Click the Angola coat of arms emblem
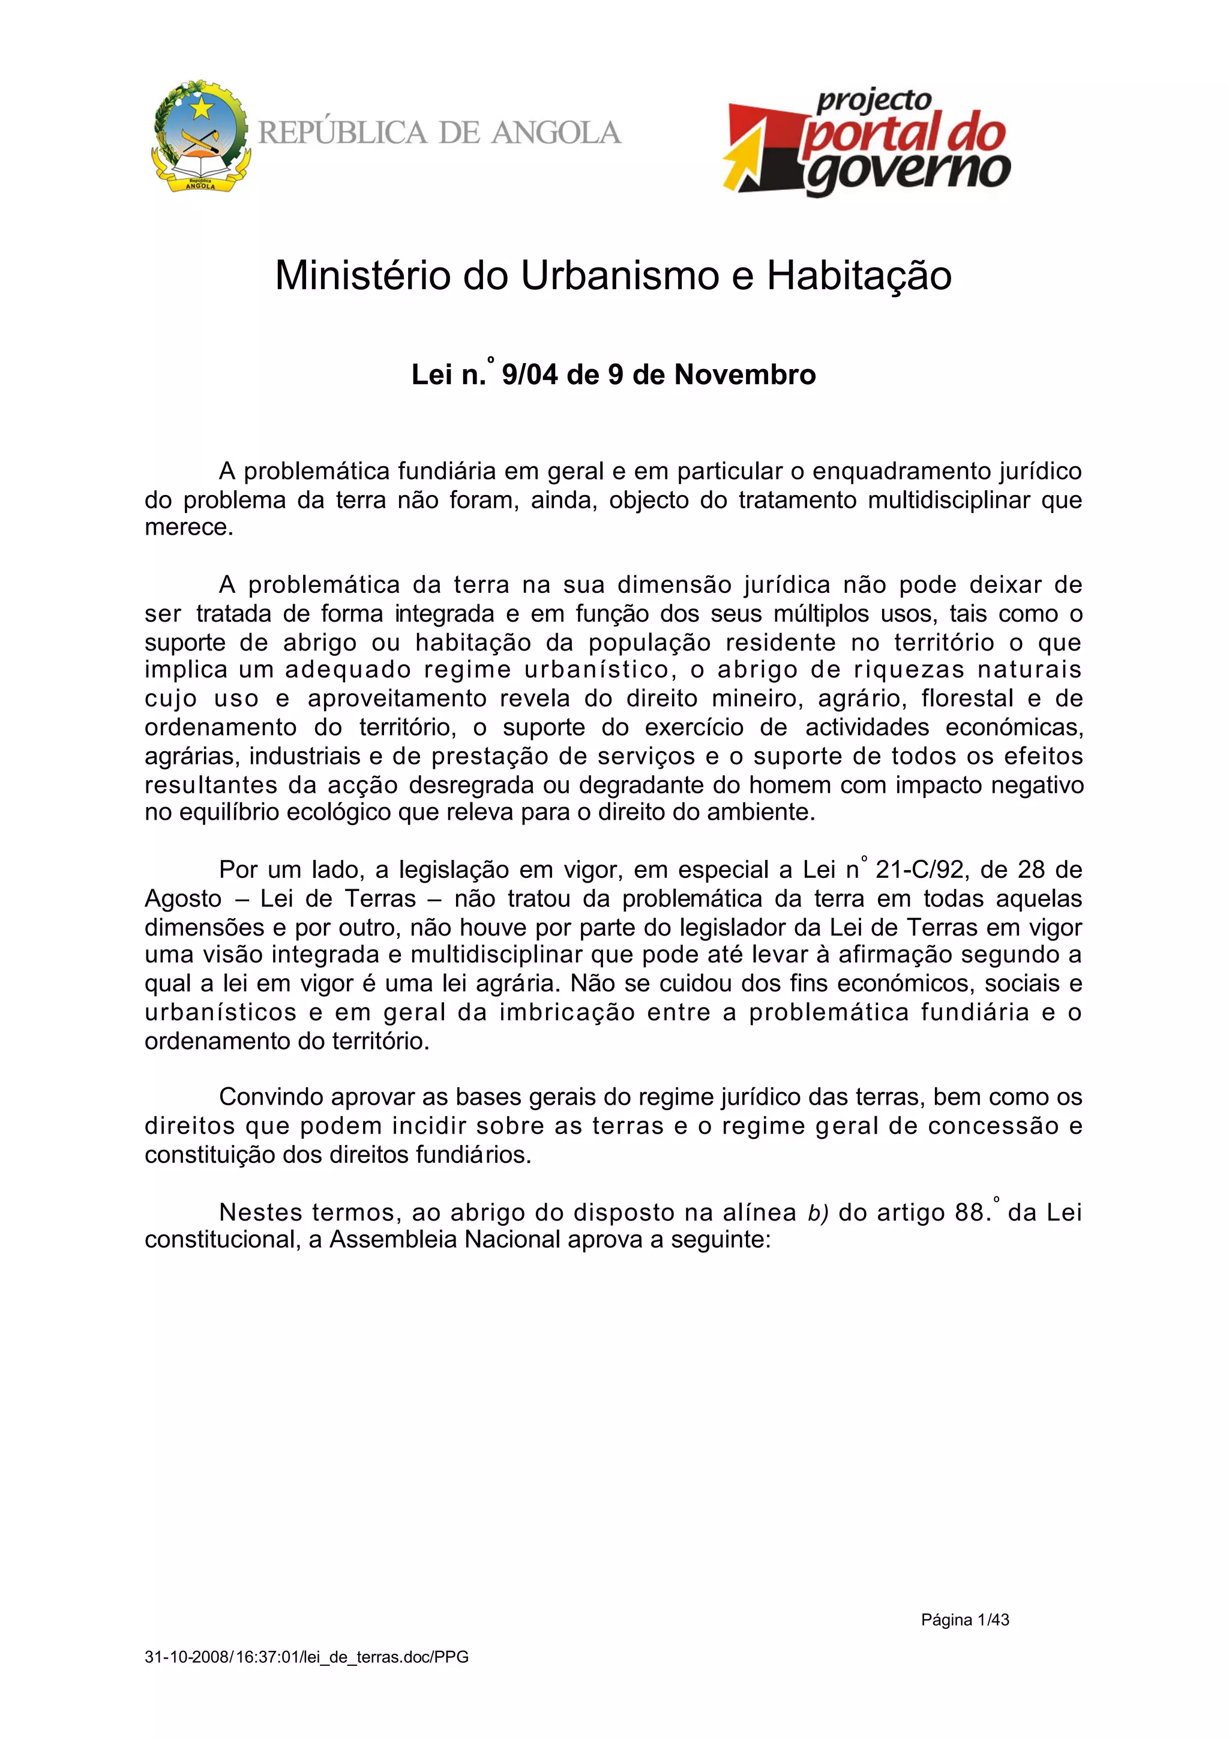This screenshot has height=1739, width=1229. click(x=200, y=136)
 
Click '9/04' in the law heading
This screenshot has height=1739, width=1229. click(x=530, y=375)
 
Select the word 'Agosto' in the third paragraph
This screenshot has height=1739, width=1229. click(x=183, y=899)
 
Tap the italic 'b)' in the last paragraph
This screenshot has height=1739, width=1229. click(x=818, y=1213)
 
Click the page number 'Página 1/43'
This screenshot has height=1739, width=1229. click(x=965, y=1620)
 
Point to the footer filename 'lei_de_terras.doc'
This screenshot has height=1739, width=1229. click(x=367, y=1657)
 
